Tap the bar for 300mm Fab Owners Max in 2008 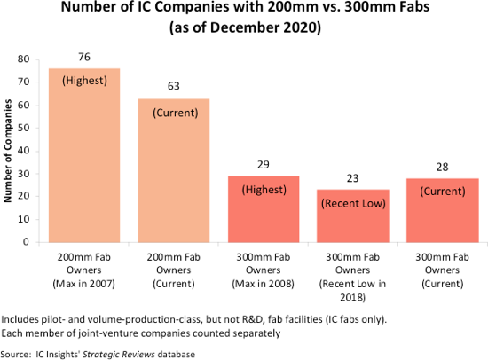tap(263, 208)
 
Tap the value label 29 tap(263, 165)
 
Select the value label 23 tap(352, 178)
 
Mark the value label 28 tap(441, 167)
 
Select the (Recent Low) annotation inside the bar tap(352, 201)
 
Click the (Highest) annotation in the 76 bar tap(84, 81)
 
